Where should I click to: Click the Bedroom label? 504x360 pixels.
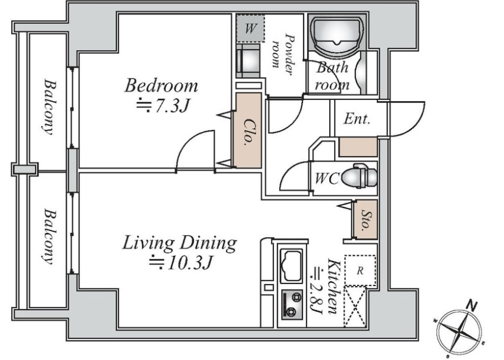(161, 85)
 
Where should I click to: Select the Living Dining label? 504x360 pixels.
(180, 244)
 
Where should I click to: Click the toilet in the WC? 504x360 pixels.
(359, 177)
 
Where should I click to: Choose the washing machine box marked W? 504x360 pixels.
(251, 29)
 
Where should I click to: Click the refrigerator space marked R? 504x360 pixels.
(360, 271)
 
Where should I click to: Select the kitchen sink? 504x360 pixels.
(292, 265)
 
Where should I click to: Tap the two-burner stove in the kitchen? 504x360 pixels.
(292, 305)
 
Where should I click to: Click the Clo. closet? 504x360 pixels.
(248, 130)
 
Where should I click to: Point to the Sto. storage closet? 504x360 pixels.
(366, 219)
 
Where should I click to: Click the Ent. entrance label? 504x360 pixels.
(357, 119)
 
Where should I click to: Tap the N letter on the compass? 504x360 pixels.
(472, 305)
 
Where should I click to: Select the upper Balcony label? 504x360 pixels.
(50, 107)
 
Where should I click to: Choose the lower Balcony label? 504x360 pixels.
(49, 237)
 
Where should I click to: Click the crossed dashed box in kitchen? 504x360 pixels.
(355, 306)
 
